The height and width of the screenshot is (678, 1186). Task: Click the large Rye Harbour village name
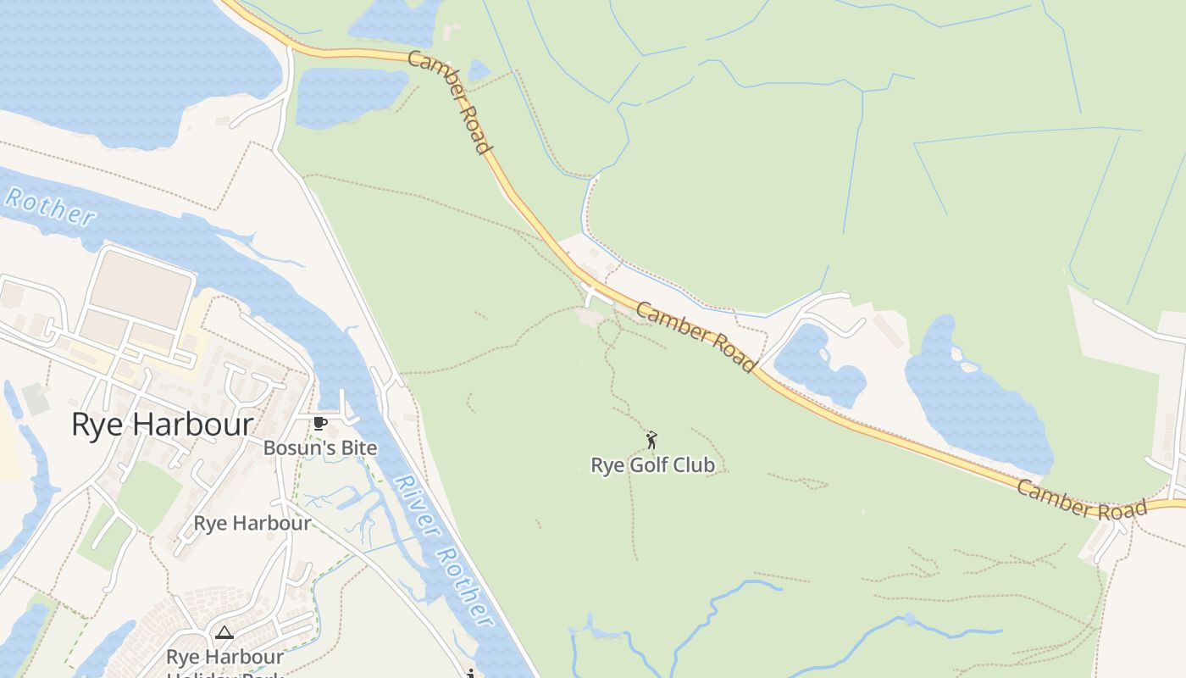(162, 425)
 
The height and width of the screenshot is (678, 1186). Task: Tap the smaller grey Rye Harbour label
(252, 523)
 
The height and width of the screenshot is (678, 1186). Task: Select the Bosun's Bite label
(319, 447)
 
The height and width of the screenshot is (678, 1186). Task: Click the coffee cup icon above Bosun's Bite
(319, 423)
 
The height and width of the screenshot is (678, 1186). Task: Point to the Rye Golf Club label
(652, 465)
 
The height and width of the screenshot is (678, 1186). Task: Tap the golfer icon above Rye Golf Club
(651, 440)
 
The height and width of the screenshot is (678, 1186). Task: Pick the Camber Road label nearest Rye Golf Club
(695, 336)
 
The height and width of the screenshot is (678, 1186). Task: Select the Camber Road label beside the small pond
(450, 103)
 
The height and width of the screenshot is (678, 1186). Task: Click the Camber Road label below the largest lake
(1082, 500)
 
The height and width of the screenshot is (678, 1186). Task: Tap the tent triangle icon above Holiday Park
(224, 632)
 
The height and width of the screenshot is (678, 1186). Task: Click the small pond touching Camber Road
(479, 69)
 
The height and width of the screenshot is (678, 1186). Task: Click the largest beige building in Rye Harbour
(141, 288)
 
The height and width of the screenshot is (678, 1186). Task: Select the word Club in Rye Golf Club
(696, 465)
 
